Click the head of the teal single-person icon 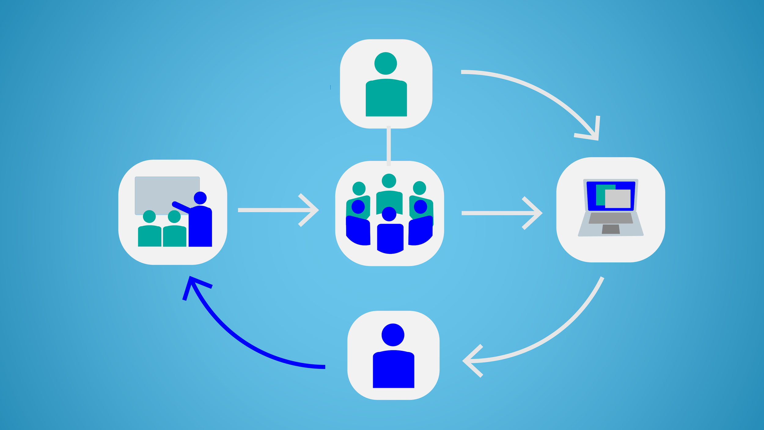(386, 63)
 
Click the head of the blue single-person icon (393, 335)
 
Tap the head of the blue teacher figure (200, 198)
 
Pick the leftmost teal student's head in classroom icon (149, 217)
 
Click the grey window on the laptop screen (618, 199)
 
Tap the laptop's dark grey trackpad (611, 229)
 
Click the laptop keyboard (611, 218)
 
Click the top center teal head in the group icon (389, 181)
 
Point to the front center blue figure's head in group (389, 214)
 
